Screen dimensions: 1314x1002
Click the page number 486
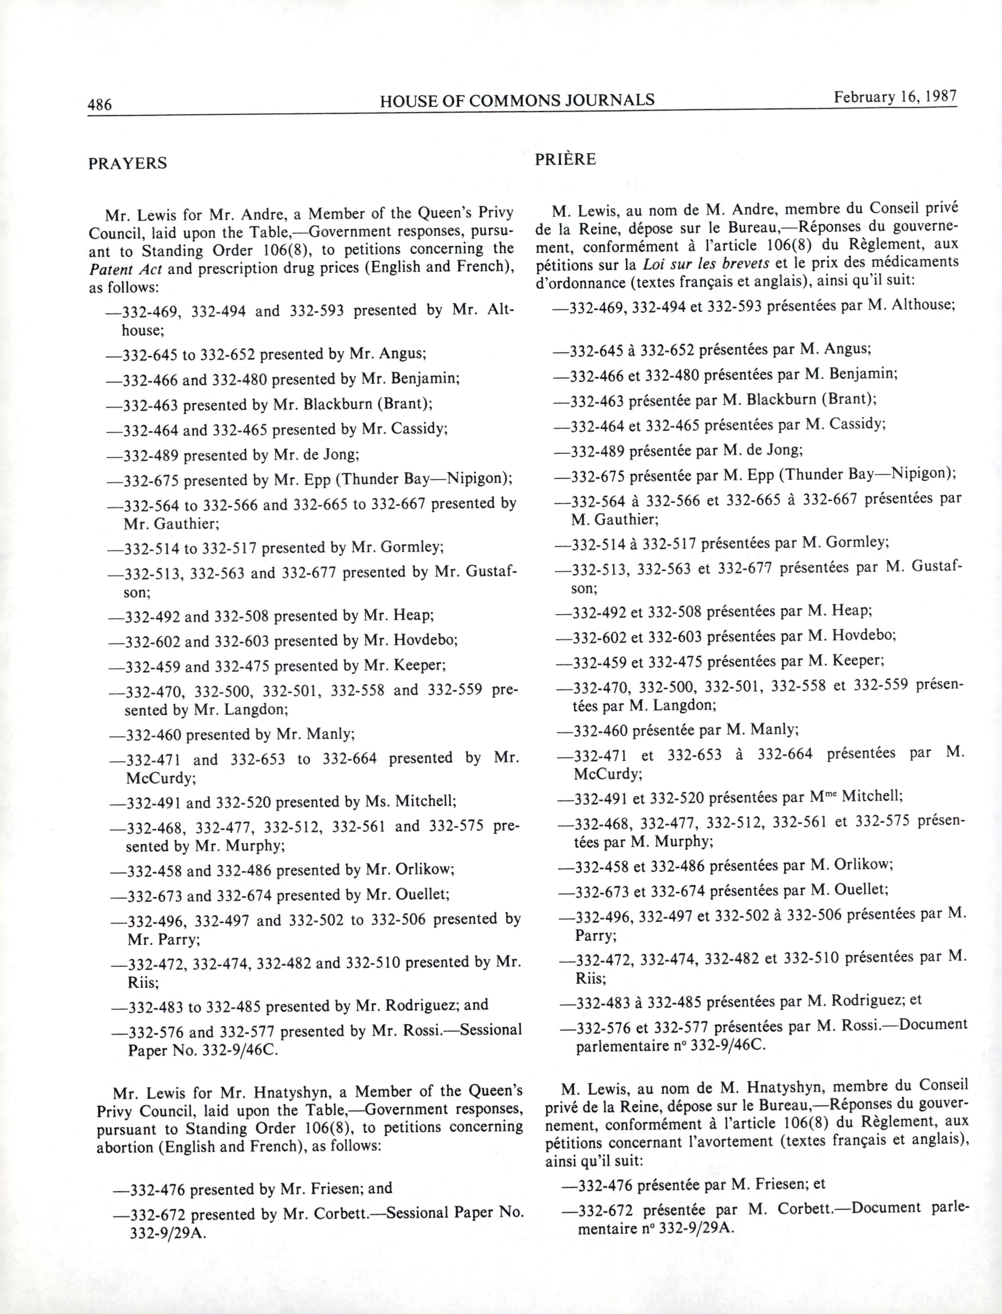(x=100, y=105)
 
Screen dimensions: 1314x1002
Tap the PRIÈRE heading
(x=565, y=159)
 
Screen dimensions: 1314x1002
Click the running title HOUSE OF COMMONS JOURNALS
(x=517, y=100)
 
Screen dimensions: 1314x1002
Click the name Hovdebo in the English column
(x=425, y=641)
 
